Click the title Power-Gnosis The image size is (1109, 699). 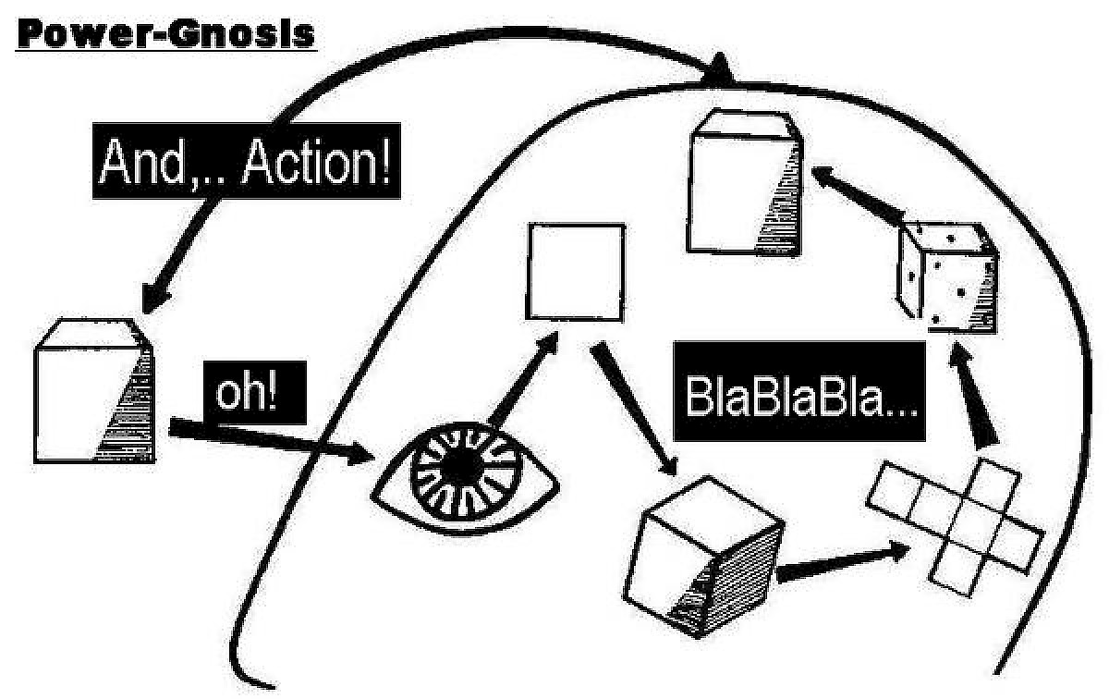[x=167, y=34]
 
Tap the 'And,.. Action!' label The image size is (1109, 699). [x=246, y=163]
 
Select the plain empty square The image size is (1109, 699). [x=575, y=270]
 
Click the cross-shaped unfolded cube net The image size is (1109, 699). [x=957, y=523]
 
